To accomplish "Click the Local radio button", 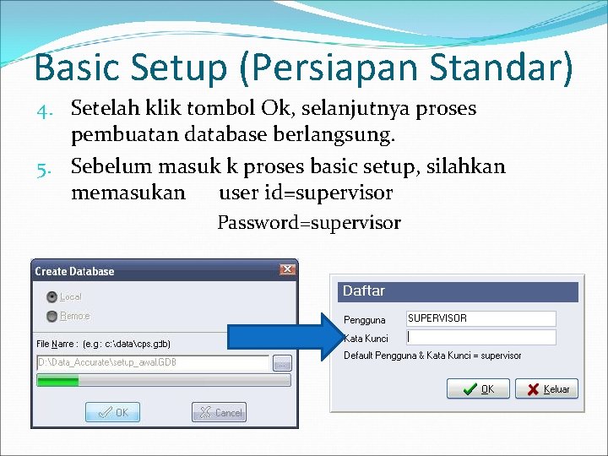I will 52,296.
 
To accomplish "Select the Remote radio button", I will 52,316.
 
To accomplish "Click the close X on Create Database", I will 287,270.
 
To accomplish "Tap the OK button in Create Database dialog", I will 112,412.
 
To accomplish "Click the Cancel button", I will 219,412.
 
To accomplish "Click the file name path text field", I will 152,363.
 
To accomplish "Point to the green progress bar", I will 57,381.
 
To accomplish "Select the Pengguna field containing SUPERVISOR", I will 480,318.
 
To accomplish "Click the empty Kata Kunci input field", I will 480,337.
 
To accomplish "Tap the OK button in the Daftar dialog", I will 478,389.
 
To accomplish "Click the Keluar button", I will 546,389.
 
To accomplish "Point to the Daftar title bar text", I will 364,291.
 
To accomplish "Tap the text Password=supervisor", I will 309,223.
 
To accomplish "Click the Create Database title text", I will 74,271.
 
